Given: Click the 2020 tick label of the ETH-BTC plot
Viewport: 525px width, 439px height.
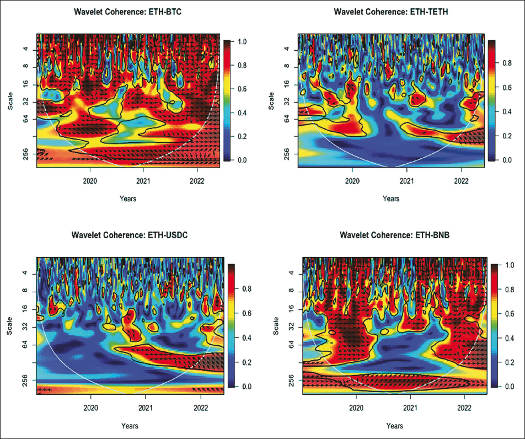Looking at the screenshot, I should pyautogui.click(x=90, y=180).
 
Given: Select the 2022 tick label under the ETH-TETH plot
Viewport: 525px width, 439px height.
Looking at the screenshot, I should pyautogui.click(x=462, y=180).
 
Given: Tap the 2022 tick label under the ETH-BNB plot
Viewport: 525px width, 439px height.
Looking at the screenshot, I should pyautogui.click(x=464, y=409).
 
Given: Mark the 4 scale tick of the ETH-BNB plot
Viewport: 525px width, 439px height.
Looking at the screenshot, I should pyautogui.click(x=290, y=274).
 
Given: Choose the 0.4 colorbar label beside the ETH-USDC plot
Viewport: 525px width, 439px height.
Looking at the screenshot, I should pyautogui.click(x=247, y=338).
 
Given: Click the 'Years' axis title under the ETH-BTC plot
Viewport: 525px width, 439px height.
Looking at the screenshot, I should pyautogui.click(x=128, y=197).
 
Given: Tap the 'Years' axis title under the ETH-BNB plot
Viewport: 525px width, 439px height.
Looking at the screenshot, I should pyautogui.click(x=394, y=426).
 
